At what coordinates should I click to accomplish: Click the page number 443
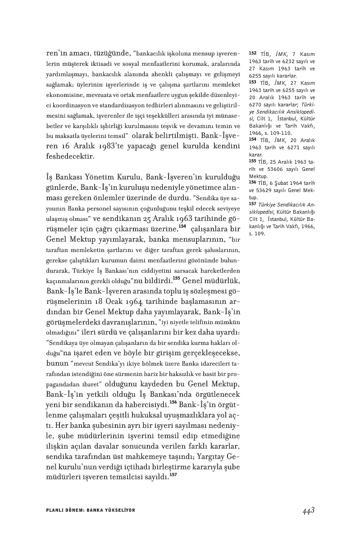click(x=308, y=510)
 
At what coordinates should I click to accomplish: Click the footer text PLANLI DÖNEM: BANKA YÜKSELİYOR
click(x=91, y=510)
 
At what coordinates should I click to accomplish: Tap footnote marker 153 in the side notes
click(x=252, y=83)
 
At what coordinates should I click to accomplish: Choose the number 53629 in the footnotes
click(x=270, y=191)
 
